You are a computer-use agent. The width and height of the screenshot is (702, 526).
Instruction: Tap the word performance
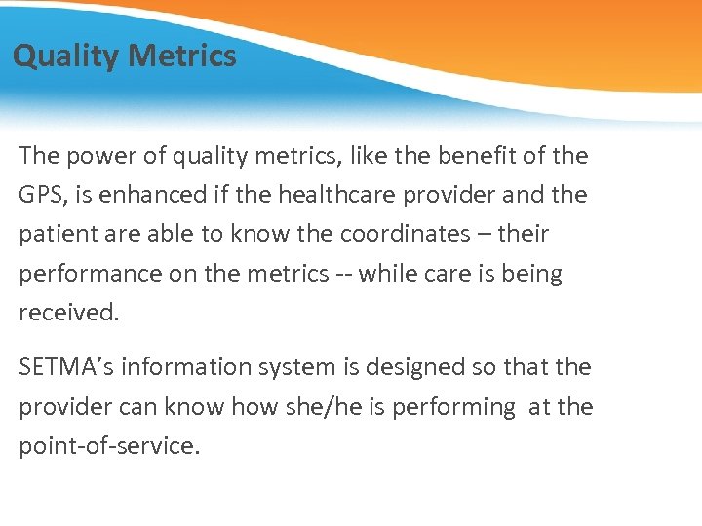click(91, 275)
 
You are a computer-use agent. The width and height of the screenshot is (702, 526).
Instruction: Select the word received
click(67, 314)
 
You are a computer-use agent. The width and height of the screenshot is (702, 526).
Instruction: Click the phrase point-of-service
click(108, 446)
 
